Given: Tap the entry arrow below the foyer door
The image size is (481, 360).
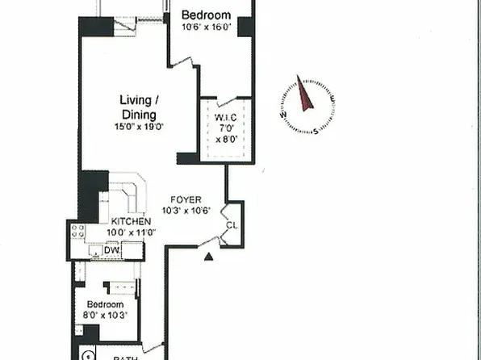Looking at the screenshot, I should tap(209, 257).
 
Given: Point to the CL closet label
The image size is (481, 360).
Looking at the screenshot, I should tap(231, 226).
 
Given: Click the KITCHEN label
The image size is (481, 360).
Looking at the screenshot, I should tap(131, 222).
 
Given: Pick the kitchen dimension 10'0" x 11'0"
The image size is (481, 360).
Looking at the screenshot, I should tap(131, 232).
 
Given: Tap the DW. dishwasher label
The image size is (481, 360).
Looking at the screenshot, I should tap(111, 251).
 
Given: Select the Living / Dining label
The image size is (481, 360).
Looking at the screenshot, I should tap(140, 107).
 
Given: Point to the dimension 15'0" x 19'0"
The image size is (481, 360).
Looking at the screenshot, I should tap(139, 127).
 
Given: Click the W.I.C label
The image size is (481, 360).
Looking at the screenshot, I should tap(226, 119).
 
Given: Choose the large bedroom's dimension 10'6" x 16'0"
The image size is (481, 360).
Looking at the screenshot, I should tap(206, 27).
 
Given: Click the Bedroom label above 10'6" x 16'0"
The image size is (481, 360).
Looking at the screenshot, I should tap(206, 15).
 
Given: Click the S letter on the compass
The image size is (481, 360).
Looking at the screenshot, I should tap(315, 132).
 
